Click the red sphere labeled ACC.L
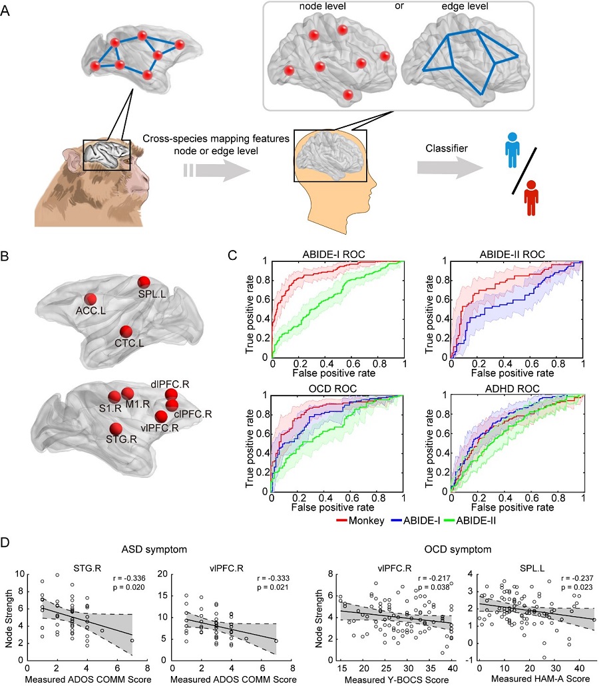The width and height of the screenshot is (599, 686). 91,298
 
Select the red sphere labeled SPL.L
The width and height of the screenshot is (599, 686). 145,282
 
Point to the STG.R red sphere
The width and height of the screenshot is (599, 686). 116,429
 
